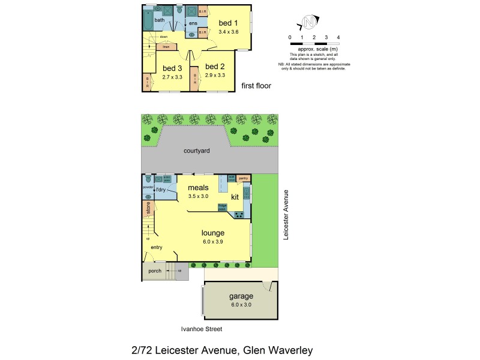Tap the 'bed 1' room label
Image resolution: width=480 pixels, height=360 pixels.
coord(228,23)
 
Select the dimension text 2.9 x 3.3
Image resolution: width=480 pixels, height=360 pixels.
coord(215,76)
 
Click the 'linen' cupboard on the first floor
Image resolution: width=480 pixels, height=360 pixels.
coord(165,46)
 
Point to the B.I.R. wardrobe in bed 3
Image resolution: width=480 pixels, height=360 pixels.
coord(147,82)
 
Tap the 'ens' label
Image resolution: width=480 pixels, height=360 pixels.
coord(193,23)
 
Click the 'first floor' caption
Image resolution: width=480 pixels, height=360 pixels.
coord(256,86)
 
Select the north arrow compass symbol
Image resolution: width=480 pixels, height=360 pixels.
coord(308,24)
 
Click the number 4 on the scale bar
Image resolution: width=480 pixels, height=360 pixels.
coord(338,37)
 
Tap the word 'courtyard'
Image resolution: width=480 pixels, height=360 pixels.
coord(197,151)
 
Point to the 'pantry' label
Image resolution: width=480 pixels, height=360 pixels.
coord(243,178)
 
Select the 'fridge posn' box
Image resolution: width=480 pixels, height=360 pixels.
coord(222,208)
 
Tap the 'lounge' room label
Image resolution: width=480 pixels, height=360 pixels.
coord(213,233)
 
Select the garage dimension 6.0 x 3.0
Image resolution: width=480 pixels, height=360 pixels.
coord(241,305)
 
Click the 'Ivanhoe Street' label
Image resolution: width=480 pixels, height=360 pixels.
coord(202,329)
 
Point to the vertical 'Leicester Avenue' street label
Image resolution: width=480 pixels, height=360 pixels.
coord(286,215)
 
